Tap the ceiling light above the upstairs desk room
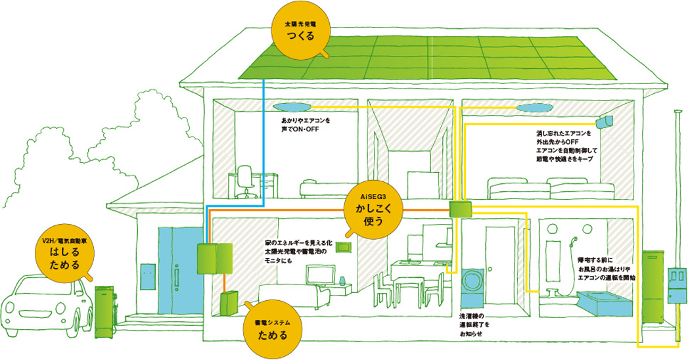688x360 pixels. pos(291,107)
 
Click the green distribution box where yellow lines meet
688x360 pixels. pos(460,210)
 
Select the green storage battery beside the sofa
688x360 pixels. pos(229,303)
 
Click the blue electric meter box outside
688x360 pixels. pos(677,282)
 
